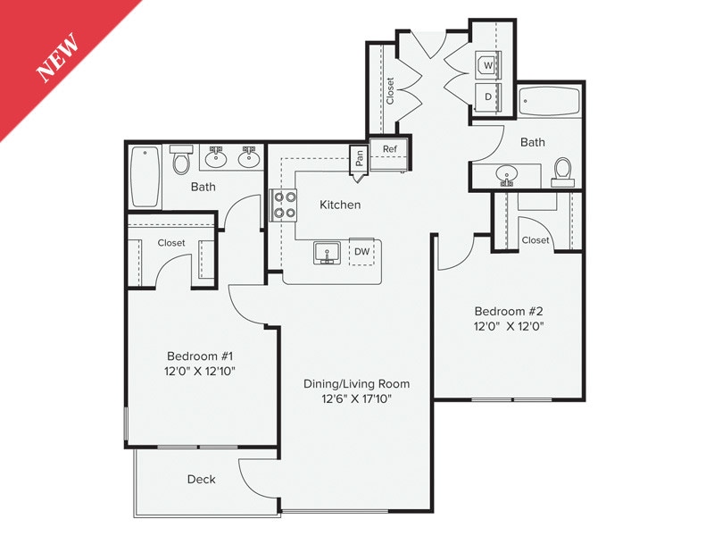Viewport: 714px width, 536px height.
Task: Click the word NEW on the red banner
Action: [x=58, y=58]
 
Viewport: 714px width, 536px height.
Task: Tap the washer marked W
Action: [x=487, y=65]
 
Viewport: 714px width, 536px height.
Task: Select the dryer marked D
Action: [x=487, y=96]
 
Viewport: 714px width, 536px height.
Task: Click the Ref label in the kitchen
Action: [x=390, y=149]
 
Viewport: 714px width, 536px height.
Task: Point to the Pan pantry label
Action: [x=359, y=159]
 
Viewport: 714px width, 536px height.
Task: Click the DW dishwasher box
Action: [x=361, y=253]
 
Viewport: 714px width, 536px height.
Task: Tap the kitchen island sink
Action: [x=327, y=253]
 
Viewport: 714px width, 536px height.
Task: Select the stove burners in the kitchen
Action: [x=285, y=205]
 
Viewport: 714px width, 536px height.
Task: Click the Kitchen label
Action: [x=340, y=205]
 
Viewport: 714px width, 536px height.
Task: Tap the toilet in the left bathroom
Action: [x=181, y=160]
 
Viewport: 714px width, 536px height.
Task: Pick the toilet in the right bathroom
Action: [x=562, y=170]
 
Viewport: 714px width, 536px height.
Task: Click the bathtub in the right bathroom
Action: [x=549, y=105]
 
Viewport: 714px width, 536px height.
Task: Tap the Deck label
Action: [x=201, y=480]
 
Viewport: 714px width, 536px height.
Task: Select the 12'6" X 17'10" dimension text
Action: [x=357, y=399]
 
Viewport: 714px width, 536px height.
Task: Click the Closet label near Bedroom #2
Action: [x=535, y=240]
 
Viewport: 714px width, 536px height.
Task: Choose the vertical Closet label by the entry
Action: [x=390, y=90]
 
